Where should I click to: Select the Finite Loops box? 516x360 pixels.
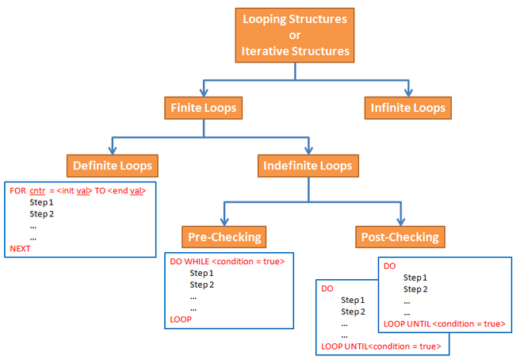pyautogui.click(x=203, y=107)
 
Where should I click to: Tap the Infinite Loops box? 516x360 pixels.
pyautogui.click(x=408, y=107)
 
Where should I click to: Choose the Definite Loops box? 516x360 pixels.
pyautogui.click(x=112, y=166)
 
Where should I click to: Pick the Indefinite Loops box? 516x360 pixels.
pyautogui.click(x=308, y=166)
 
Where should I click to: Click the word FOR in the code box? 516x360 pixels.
pyautogui.click(x=17, y=191)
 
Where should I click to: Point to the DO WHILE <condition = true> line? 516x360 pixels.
pyautogui.click(x=227, y=261)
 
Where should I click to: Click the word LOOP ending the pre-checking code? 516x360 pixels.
pyautogui.click(x=182, y=319)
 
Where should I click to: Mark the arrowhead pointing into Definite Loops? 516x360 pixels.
pyautogui.click(x=112, y=151)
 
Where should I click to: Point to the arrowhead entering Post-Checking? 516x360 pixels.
pyautogui.click(x=400, y=220)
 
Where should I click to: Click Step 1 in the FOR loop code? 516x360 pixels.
pyautogui.click(x=41, y=203)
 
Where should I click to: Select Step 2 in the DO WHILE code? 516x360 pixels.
pyautogui.click(x=202, y=285)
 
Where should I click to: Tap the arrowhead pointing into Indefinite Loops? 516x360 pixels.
pyautogui.click(x=308, y=151)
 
